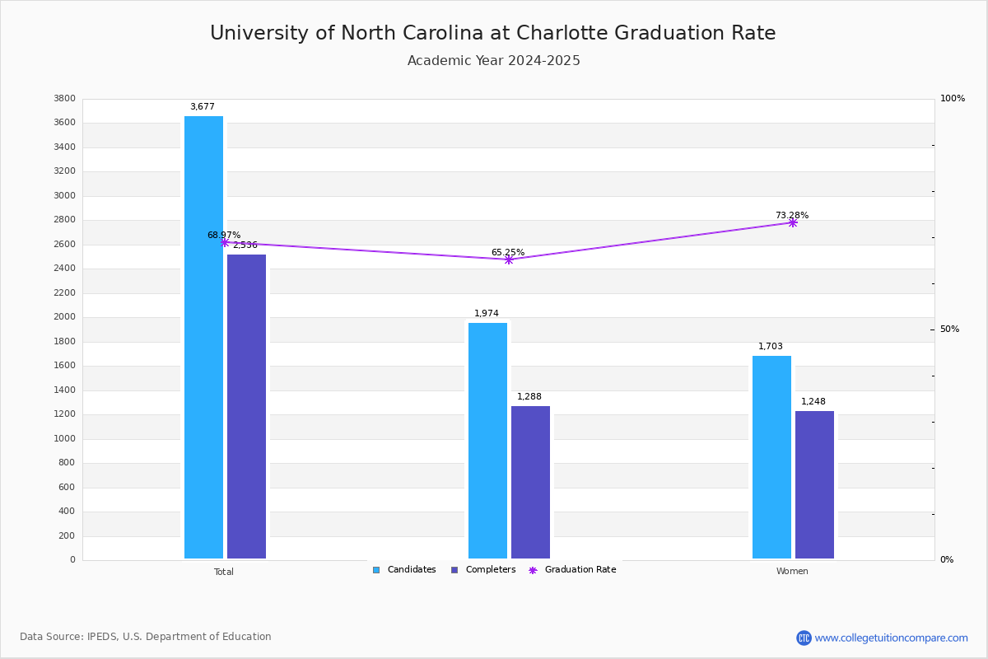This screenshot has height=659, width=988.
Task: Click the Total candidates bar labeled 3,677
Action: pyautogui.click(x=203, y=338)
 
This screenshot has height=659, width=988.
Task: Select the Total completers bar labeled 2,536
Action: pyautogui.click(x=246, y=407)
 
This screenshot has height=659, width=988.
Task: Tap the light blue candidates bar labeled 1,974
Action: pyautogui.click(x=487, y=441)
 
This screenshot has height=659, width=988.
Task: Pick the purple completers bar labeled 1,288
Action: pyautogui.click(x=530, y=483)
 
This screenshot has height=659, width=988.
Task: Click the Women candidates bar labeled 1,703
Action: pyautogui.click(x=771, y=457)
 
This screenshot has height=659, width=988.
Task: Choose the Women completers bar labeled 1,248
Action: pyautogui.click(x=814, y=485)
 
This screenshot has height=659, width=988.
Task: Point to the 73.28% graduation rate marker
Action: pyautogui.click(x=792, y=222)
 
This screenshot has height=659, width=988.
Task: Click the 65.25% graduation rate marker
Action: pyautogui.click(x=508, y=259)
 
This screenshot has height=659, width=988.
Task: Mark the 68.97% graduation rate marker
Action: pyautogui.click(x=224, y=242)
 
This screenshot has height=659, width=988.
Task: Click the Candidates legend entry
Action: pyautogui.click(x=404, y=570)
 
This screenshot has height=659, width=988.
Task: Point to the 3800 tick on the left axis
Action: pyautogui.click(x=64, y=99)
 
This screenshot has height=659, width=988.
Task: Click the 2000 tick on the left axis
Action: pyautogui.click(x=64, y=317)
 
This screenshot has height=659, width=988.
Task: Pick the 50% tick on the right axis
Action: pyautogui.click(x=949, y=329)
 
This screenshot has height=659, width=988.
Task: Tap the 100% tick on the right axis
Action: pyautogui.click(x=952, y=99)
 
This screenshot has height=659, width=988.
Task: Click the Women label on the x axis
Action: pyautogui.click(x=792, y=572)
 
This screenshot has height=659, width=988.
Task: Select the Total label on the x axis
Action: pyautogui.click(x=224, y=572)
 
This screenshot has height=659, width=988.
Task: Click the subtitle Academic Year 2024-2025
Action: pyautogui.click(x=494, y=61)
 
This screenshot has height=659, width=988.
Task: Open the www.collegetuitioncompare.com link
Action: pyautogui.click(x=891, y=638)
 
